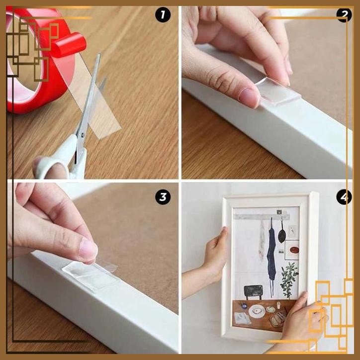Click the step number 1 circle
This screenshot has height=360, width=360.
click(163, 15)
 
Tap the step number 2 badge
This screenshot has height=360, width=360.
click(344, 15)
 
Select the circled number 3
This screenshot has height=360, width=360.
click(163, 197)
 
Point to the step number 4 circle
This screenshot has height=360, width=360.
click(344, 197)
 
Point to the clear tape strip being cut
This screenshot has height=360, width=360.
click(102, 107)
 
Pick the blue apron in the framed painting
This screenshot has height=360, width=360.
click(271, 249)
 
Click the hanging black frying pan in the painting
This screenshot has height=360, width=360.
click(282, 234)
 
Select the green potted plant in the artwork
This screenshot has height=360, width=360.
click(289, 278)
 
